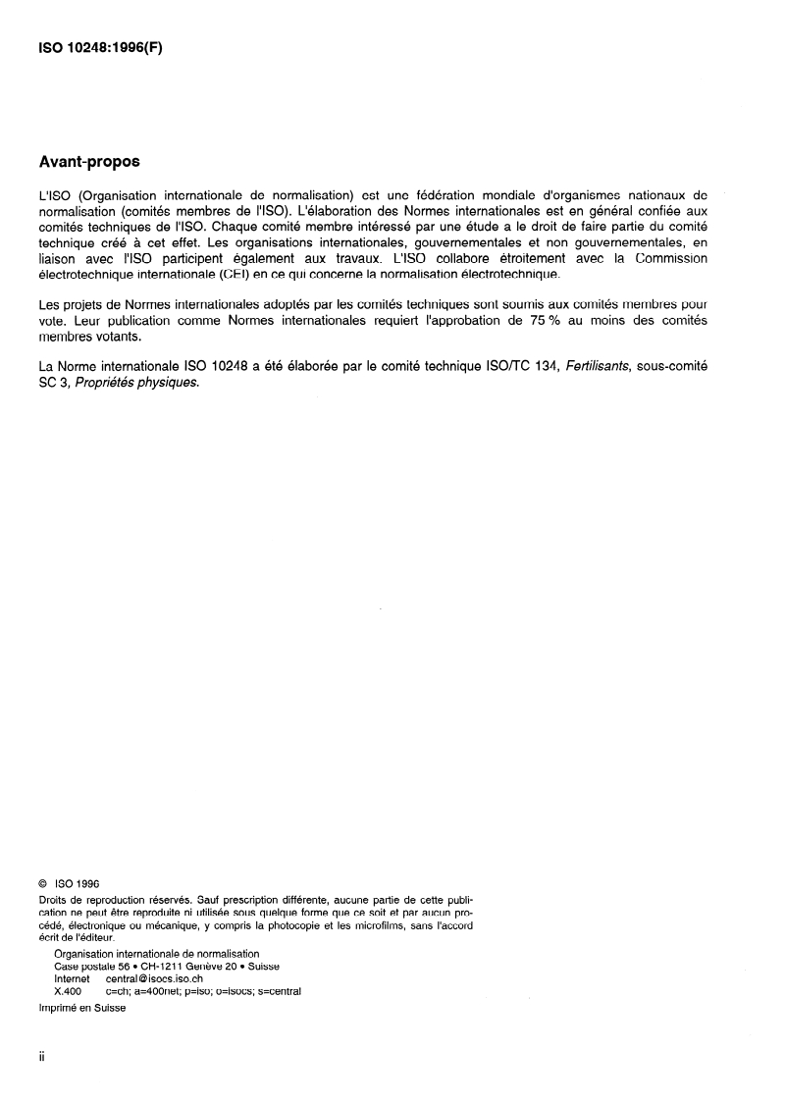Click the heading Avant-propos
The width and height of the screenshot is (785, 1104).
point(89,160)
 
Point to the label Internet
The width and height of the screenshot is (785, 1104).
point(72,978)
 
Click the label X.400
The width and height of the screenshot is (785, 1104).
point(68,991)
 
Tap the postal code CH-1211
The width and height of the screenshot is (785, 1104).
point(168,966)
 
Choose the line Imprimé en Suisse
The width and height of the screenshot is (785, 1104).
point(82,1009)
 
